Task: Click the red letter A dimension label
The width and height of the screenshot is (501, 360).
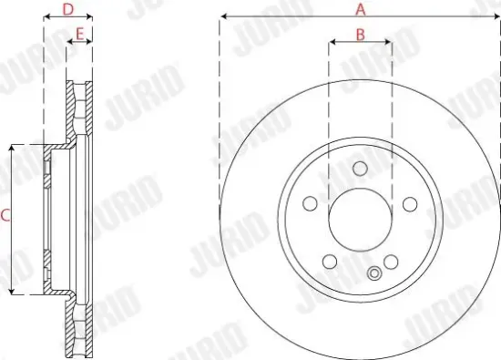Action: click(x=360, y=9)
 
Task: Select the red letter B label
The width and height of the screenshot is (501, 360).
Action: click(x=360, y=35)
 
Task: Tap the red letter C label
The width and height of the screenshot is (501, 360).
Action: click(x=5, y=216)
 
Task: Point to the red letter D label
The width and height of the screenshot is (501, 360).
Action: click(x=67, y=10)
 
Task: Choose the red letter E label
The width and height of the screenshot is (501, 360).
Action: click(x=80, y=35)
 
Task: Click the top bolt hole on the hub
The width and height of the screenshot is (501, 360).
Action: click(x=360, y=169)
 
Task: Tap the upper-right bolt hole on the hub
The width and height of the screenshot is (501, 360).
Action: click(x=411, y=203)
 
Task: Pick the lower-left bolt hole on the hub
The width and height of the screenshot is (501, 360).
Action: click(x=329, y=262)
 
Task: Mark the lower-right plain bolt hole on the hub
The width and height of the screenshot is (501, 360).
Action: click(x=392, y=262)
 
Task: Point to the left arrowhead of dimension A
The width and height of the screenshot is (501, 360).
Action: click(x=222, y=16)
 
